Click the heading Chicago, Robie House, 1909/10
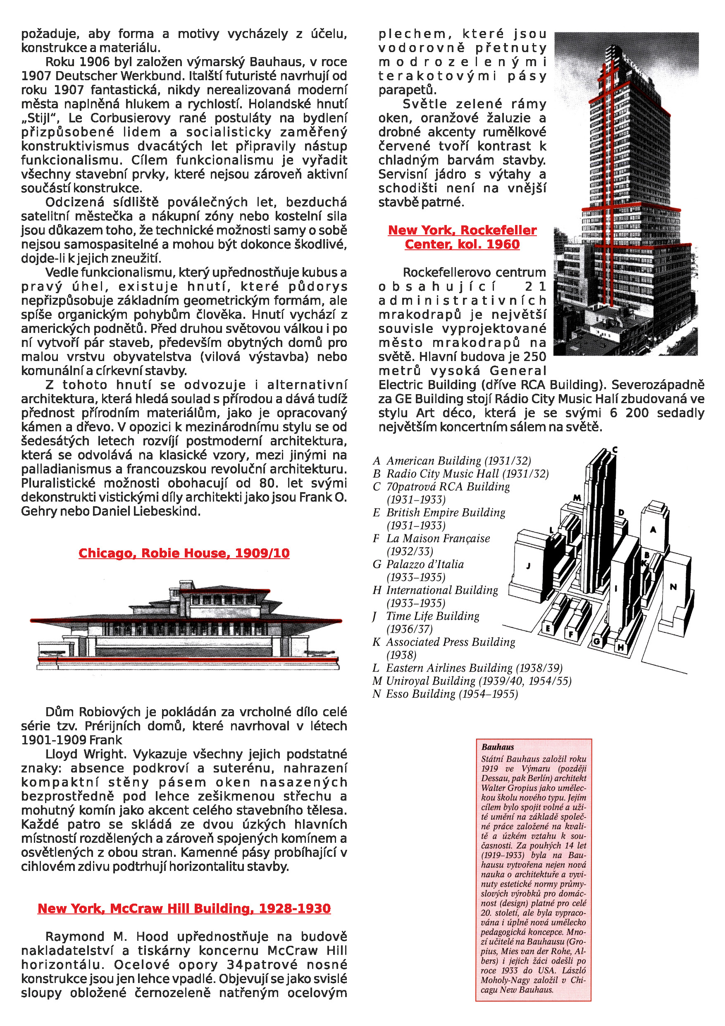click(184, 553)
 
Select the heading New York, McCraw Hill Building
click(184, 908)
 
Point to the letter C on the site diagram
click(615, 450)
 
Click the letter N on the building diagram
click(673, 587)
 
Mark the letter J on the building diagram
click(528, 566)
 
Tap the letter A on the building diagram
click(653, 530)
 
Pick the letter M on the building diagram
click(577, 497)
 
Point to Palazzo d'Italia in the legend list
click(425, 564)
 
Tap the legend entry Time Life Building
click(432, 616)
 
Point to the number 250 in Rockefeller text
click(534, 356)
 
